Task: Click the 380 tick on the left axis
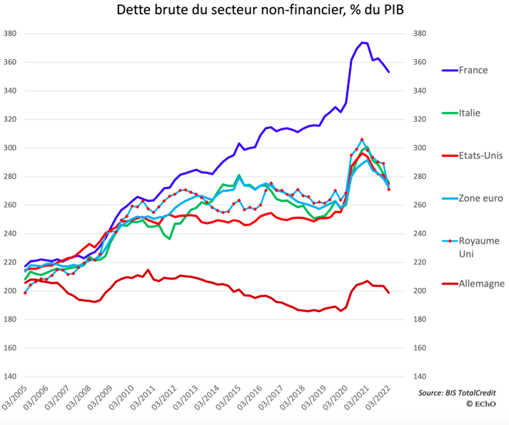(10, 34)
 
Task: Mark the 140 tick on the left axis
(10, 377)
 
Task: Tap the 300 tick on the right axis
(420, 148)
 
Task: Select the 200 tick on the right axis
(420, 291)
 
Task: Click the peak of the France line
(363, 42)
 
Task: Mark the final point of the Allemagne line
(388, 292)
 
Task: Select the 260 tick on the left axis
(10, 205)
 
